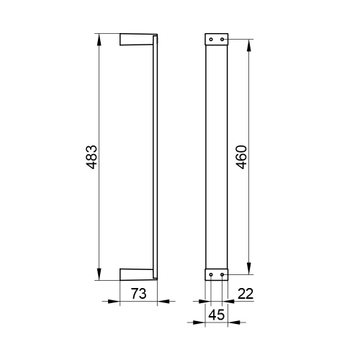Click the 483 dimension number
(91, 157)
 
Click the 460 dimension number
(241, 157)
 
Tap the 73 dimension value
(138, 294)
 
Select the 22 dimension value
(246, 294)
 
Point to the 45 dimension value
(217, 315)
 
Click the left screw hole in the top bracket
(211, 40)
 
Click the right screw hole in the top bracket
(222, 39)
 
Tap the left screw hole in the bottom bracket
(211, 274)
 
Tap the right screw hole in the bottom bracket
(222, 274)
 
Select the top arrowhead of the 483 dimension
(99, 40)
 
